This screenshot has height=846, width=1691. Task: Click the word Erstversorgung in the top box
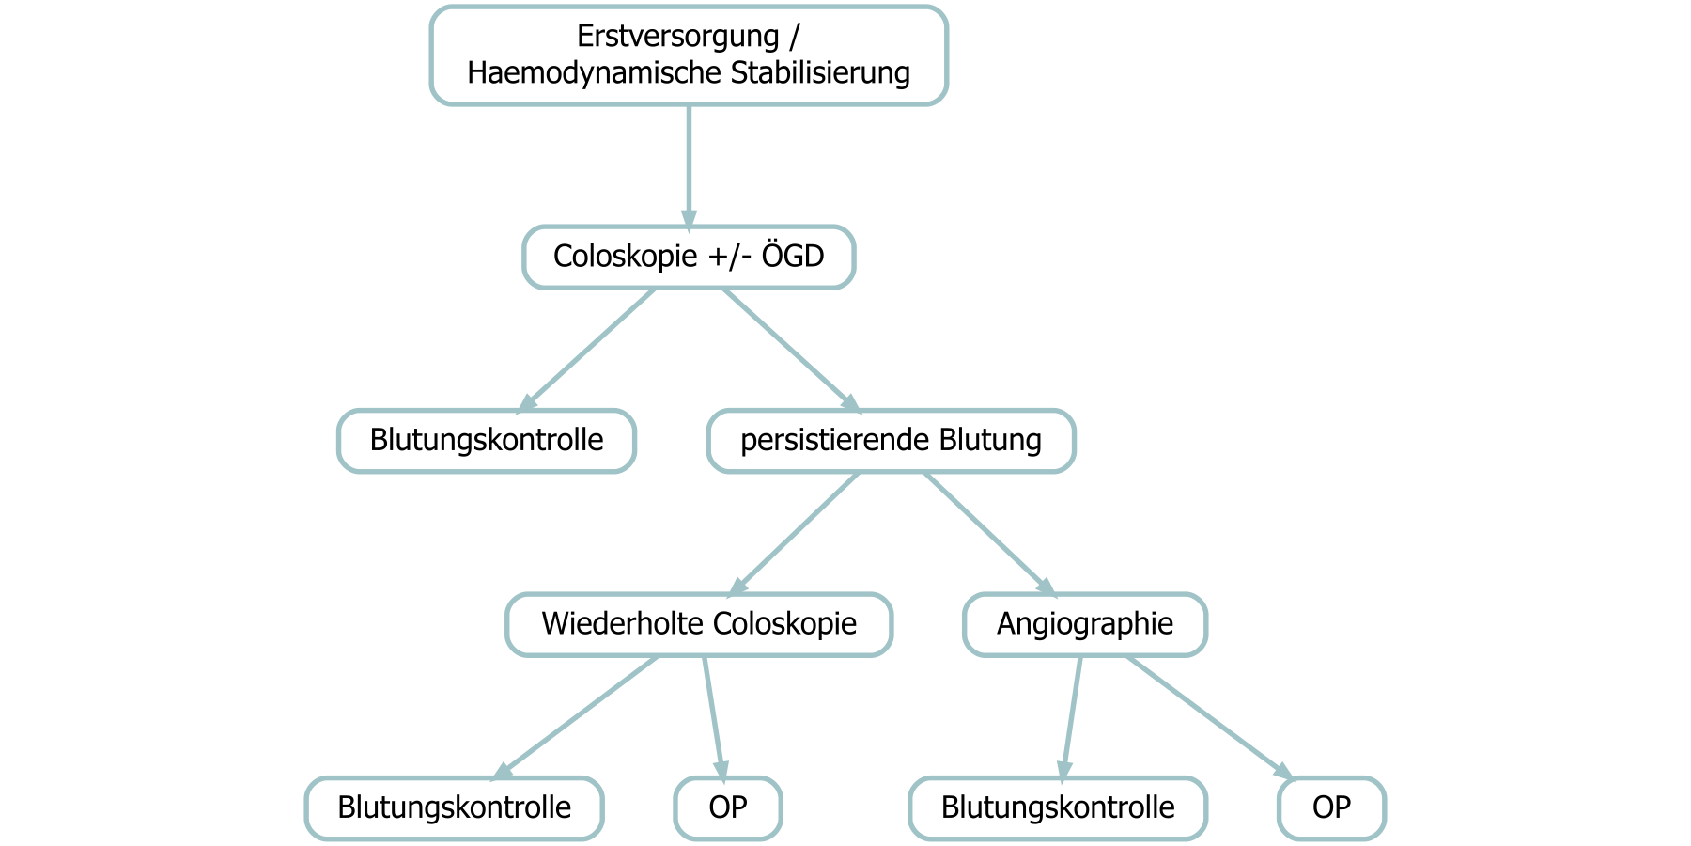click(677, 37)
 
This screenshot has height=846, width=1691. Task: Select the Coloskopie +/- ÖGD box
click(689, 257)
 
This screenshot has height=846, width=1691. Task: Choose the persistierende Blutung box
click(891, 440)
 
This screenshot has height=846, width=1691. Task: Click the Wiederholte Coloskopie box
click(699, 624)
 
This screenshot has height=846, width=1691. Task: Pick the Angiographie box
click(1085, 624)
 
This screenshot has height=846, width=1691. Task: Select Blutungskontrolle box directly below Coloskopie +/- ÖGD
click(487, 440)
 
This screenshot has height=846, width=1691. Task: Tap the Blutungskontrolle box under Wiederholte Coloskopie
click(455, 807)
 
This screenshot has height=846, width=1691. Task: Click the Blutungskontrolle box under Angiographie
click(1058, 807)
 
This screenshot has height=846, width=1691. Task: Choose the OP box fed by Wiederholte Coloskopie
click(728, 807)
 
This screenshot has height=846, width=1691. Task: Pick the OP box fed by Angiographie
click(1331, 807)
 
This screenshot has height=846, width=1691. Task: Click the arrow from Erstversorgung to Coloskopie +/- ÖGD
click(689, 164)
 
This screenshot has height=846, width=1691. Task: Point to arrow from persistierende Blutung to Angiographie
click(986, 531)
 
